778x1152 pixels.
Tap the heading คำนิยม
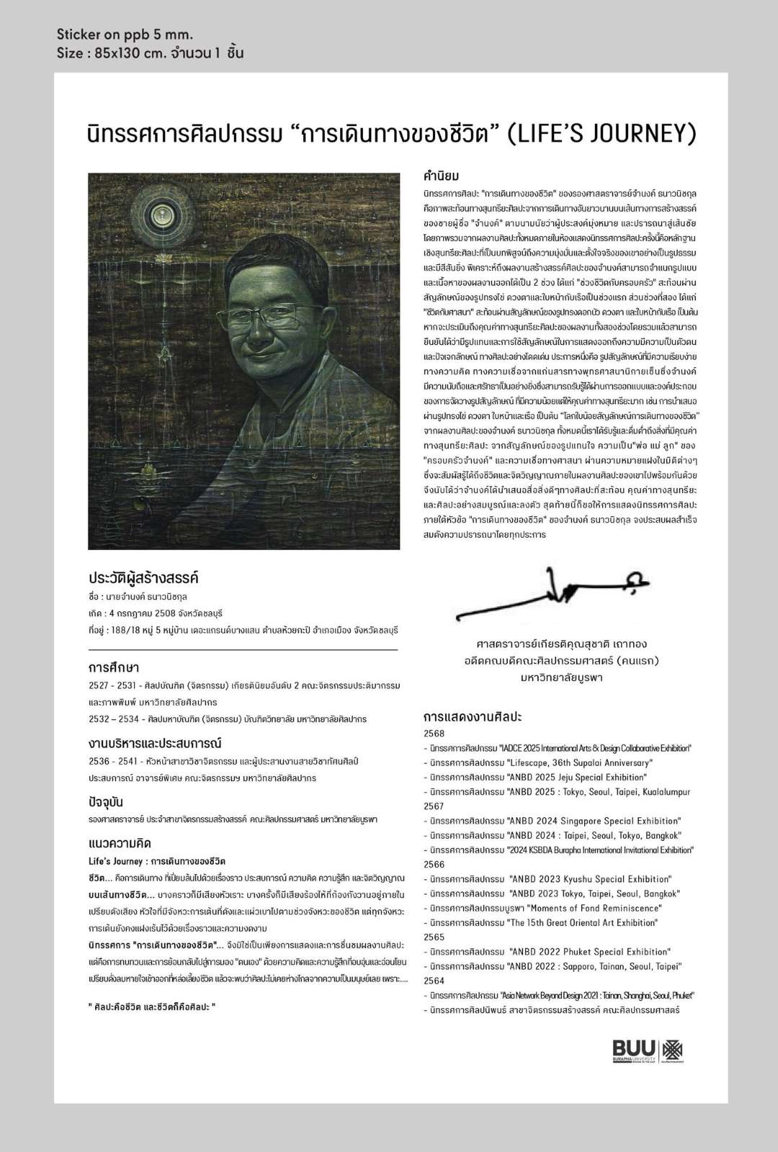click(442, 176)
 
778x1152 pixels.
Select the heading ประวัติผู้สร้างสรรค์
click(143, 578)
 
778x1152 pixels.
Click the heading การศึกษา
click(113, 667)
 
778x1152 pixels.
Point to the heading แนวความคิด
click(120, 843)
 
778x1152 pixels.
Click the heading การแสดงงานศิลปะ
click(472, 717)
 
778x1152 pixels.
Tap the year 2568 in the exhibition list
click(434, 734)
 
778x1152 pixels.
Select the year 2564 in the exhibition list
click(434, 981)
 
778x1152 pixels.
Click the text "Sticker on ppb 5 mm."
click(125, 35)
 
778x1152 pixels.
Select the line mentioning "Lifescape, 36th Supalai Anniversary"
click(540, 762)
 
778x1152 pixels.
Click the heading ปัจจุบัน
click(106, 802)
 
